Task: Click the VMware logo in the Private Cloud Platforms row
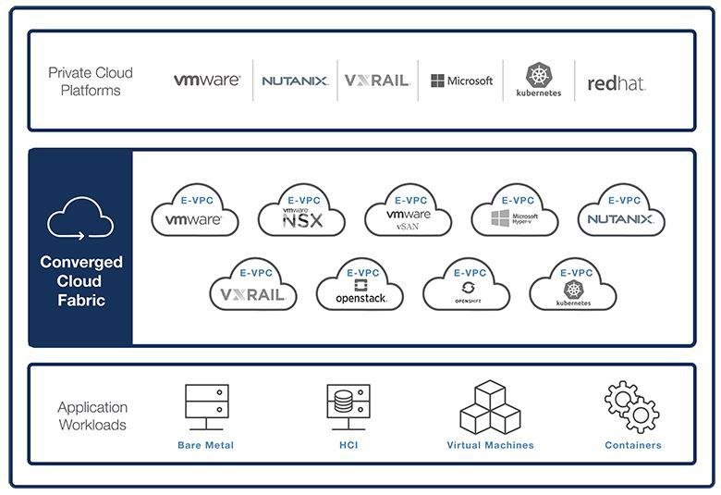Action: [x=206, y=80]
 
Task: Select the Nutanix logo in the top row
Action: [x=294, y=80]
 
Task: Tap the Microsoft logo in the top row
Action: [x=461, y=80]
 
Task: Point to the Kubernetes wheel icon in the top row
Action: [x=539, y=75]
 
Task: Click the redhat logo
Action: [x=616, y=83]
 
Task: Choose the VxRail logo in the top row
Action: [x=376, y=80]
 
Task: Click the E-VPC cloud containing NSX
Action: [x=301, y=212]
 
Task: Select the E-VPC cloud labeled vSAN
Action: [x=409, y=212]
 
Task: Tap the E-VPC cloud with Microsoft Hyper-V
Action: [x=515, y=212]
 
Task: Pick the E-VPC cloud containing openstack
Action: [x=360, y=286]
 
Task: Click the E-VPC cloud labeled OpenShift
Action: [x=467, y=286]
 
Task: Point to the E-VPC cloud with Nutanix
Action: [x=621, y=212]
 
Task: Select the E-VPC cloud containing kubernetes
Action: [x=573, y=286]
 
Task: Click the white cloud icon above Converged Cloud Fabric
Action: [x=80, y=218]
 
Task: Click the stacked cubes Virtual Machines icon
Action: [x=490, y=407]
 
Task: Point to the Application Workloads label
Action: [x=92, y=416]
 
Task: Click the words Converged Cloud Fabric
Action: [x=80, y=281]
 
